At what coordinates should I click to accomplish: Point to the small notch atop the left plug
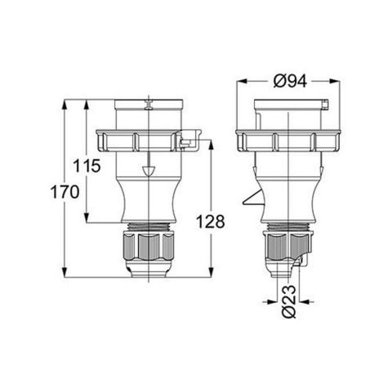tap(148, 105)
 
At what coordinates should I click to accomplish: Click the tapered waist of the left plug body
tap(147, 200)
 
